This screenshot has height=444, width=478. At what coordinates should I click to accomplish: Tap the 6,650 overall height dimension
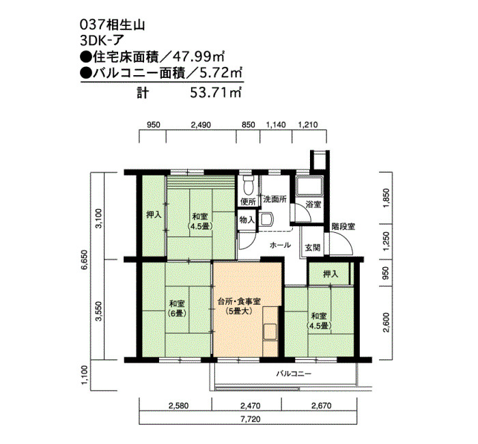tap(85, 260)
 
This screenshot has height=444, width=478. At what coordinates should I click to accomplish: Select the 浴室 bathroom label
tap(313, 204)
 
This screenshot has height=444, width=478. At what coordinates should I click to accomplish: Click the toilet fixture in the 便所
tap(249, 185)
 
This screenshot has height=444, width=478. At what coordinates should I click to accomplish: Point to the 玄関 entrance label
tap(313, 247)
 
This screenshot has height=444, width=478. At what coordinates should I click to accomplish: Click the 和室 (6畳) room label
tap(177, 308)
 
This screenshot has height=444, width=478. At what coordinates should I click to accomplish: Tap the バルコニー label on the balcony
tap(294, 373)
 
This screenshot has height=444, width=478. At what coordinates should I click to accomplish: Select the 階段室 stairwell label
tap(343, 227)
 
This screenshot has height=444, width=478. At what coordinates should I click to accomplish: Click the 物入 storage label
tap(247, 219)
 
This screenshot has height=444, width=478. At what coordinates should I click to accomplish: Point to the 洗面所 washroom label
tap(275, 199)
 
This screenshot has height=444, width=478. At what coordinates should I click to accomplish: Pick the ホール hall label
tap(280, 245)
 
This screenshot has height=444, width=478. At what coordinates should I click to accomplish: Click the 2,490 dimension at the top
tap(201, 125)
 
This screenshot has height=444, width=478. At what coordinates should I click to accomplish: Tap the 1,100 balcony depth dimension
tap(85, 375)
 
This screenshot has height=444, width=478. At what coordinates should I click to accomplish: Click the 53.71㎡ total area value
tap(216, 92)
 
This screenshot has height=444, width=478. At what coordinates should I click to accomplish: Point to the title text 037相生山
tap(112, 25)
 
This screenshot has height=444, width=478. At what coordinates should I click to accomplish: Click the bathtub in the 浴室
tap(310, 186)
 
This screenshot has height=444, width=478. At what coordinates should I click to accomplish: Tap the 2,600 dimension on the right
tap(386, 322)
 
